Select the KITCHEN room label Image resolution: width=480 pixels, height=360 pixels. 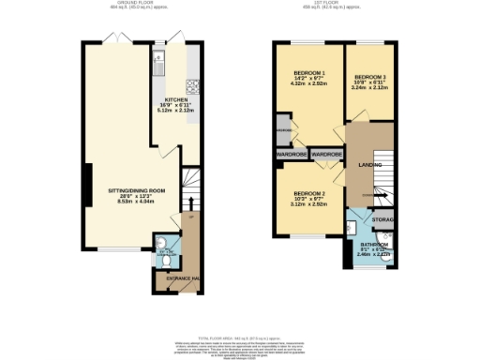(179, 98)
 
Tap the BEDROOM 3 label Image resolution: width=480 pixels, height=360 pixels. (370, 77)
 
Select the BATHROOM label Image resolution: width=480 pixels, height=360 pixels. (378, 245)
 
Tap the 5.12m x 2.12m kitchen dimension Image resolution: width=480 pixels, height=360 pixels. (179, 110)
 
